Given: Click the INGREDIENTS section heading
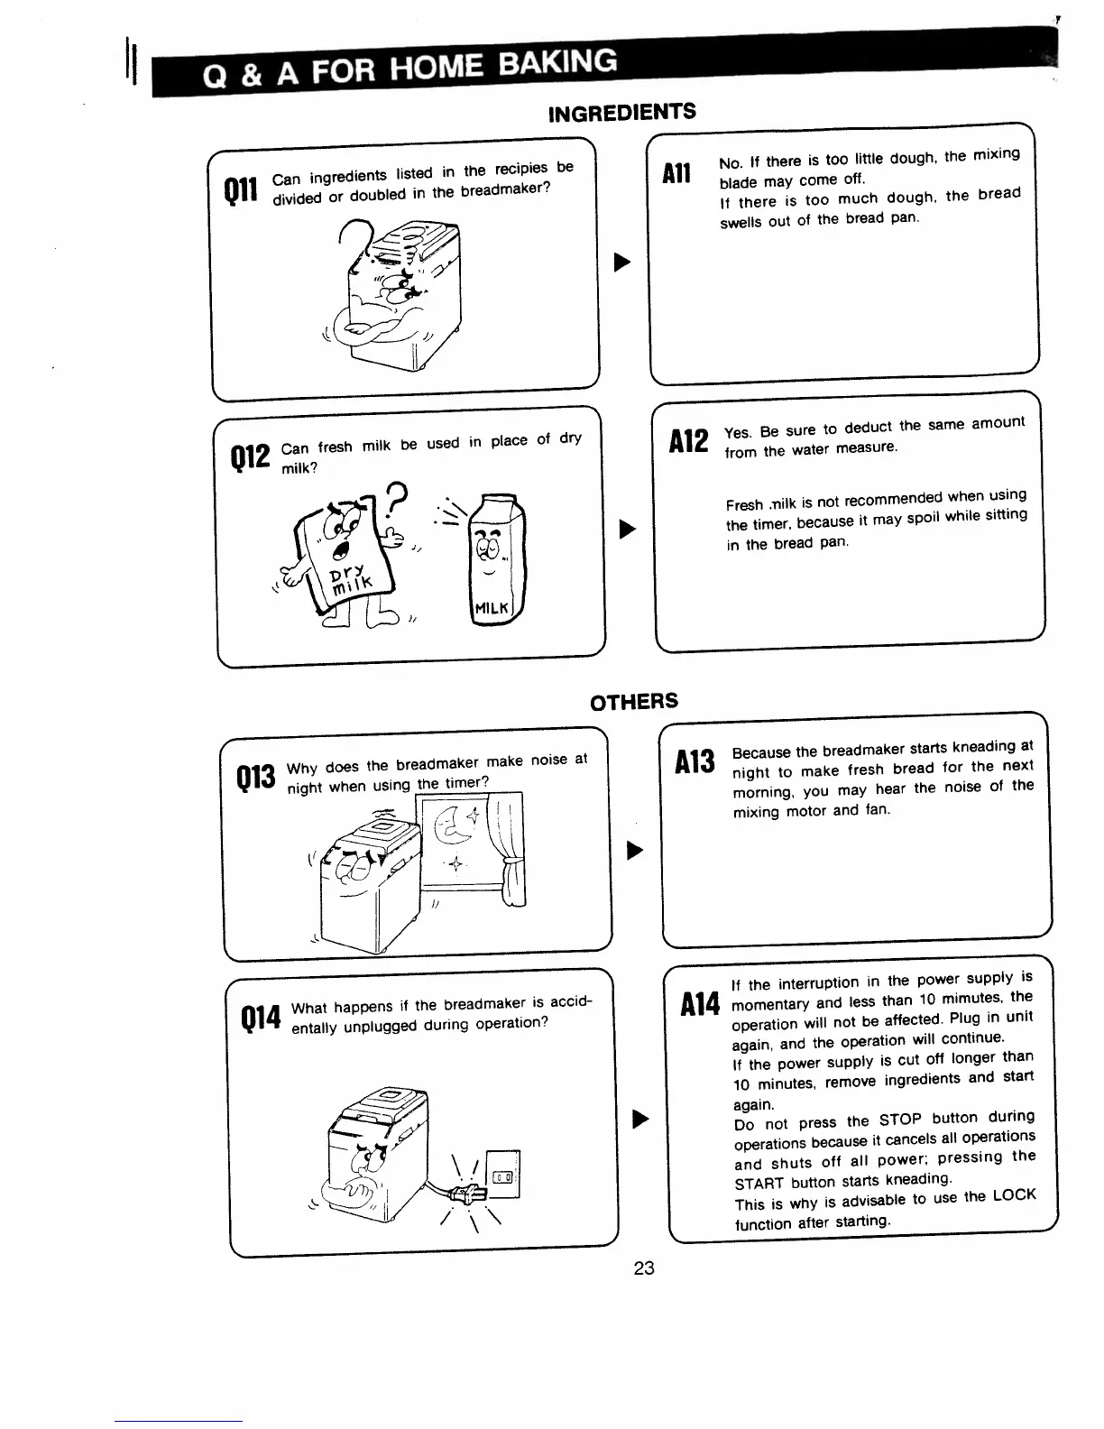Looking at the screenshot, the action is [x=622, y=113].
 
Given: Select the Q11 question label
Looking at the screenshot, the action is [x=241, y=189].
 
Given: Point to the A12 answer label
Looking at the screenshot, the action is [x=690, y=439].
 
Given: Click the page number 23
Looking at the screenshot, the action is [x=643, y=1268].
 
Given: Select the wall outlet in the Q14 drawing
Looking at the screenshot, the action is [x=502, y=1175].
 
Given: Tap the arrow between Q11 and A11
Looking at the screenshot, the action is [x=621, y=263].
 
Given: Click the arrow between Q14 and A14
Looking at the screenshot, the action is [x=641, y=1120].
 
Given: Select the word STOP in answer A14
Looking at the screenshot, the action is [x=900, y=1120].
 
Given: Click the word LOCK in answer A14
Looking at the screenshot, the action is [x=1014, y=1195].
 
